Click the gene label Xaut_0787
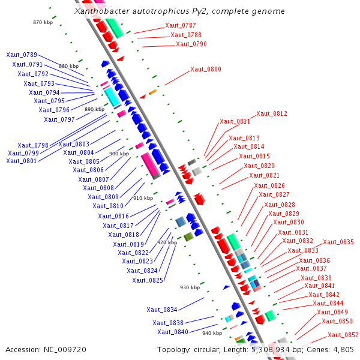point(180,25)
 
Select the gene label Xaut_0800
point(205,69)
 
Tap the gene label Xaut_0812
point(272,113)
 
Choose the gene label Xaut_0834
point(162,310)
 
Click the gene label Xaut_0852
point(343,335)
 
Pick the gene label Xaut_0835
point(338,242)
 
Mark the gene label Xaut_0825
point(148,280)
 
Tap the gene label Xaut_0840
point(173,332)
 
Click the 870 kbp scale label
point(43,22)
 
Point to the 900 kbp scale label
point(119,154)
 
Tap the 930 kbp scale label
point(190,287)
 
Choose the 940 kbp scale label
point(212,333)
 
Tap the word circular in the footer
point(206,349)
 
